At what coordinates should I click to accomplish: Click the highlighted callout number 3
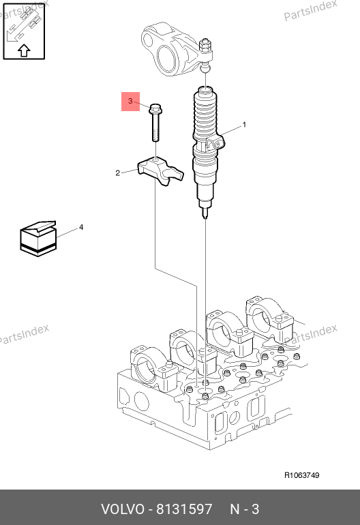[x=130, y=101]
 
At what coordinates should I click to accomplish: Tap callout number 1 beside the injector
[x=244, y=125]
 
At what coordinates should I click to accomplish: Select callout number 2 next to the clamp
[x=117, y=172]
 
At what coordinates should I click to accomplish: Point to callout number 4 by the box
[x=81, y=227]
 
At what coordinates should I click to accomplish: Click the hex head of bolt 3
[x=155, y=108]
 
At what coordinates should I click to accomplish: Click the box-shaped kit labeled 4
[x=38, y=239]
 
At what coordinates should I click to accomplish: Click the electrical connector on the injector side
[x=215, y=142]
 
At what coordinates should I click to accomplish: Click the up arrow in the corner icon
[x=24, y=50]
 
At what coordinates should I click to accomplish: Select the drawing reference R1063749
[x=302, y=475]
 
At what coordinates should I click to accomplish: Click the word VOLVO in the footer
[x=122, y=509]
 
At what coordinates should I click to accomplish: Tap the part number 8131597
[x=184, y=509]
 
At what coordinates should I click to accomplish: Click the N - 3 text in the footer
[x=245, y=509]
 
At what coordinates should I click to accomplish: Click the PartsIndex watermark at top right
[x=310, y=10]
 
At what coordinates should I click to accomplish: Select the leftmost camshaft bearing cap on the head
[x=153, y=367]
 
